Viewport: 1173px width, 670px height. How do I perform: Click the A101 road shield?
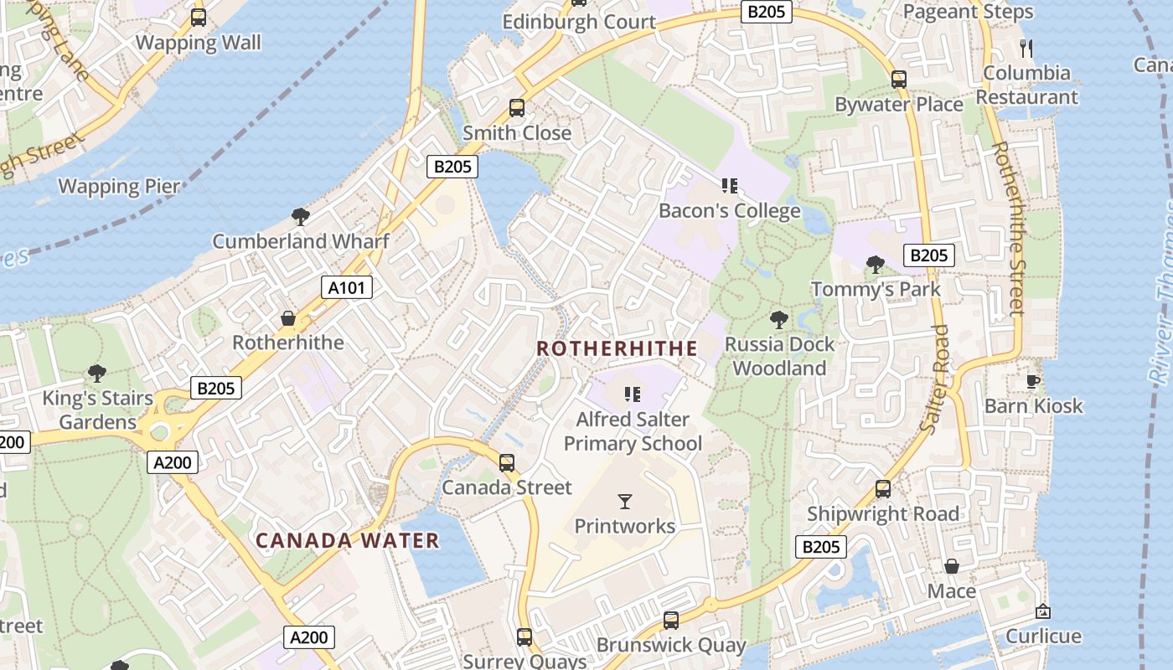pos(347,288)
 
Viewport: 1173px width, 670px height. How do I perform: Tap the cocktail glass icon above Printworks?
pos(624,502)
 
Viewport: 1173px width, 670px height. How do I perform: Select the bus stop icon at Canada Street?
pos(506,463)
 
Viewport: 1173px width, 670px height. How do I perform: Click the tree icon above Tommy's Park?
pos(876,265)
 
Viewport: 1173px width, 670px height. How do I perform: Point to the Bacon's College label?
pos(729,210)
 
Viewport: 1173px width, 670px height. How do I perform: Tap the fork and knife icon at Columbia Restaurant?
pos(1025,48)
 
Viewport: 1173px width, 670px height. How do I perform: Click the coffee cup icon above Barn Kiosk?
pos(1033,382)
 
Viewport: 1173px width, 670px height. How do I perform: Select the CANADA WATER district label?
pos(347,540)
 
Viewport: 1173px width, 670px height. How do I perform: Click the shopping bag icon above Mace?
pos(951,567)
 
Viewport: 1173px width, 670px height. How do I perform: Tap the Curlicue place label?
pos(1043,636)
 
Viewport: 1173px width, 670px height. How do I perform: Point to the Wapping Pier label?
pos(119,186)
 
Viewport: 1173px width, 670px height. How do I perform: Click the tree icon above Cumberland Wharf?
pos(300,217)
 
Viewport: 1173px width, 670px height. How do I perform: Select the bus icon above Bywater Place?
pos(898,80)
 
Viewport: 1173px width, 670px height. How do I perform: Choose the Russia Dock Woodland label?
pos(779,356)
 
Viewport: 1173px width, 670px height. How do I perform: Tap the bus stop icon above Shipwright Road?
pos(882,489)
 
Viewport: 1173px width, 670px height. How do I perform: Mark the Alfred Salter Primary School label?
pos(633,431)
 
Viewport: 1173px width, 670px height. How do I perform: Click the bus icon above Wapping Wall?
pos(199,18)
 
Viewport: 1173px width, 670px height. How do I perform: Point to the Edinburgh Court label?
pos(579,22)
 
